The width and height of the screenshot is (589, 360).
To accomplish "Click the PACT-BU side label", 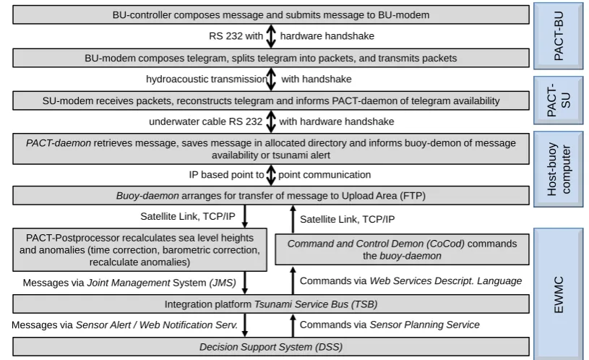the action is click(559, 36).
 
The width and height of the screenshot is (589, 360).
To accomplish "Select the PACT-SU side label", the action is click(559, 100).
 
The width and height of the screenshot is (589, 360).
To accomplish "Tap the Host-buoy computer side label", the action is click(559, 169).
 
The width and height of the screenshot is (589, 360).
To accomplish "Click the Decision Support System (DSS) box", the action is click(271, 346).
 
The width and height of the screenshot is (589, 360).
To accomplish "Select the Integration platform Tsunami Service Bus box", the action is click(271, 304).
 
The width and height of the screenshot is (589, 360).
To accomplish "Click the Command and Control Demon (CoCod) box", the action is click(402, 249).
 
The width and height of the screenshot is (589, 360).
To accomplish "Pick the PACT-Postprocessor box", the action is click(139, 249).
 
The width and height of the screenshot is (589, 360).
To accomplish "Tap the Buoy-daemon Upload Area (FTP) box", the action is click(271, 195).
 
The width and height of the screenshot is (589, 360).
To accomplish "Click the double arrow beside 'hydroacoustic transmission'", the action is click(271, 79).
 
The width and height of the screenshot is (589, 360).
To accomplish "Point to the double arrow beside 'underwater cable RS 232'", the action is click(271, 121).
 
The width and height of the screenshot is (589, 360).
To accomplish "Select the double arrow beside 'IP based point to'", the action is click(271, 175).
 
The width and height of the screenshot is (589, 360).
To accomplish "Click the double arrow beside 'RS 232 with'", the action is click(271, 36).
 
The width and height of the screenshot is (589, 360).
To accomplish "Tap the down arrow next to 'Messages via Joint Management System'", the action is click(245, 283).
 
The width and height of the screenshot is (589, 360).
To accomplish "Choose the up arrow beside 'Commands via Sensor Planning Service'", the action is click(293, 325).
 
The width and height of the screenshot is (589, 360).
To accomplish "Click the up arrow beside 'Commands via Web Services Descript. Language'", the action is click(293, 280).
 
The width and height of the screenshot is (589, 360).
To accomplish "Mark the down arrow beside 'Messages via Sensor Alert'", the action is click(245, 325).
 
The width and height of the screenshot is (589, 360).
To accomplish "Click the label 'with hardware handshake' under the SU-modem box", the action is click(337, 121).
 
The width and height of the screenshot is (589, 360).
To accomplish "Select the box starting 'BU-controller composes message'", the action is click(271, 14).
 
